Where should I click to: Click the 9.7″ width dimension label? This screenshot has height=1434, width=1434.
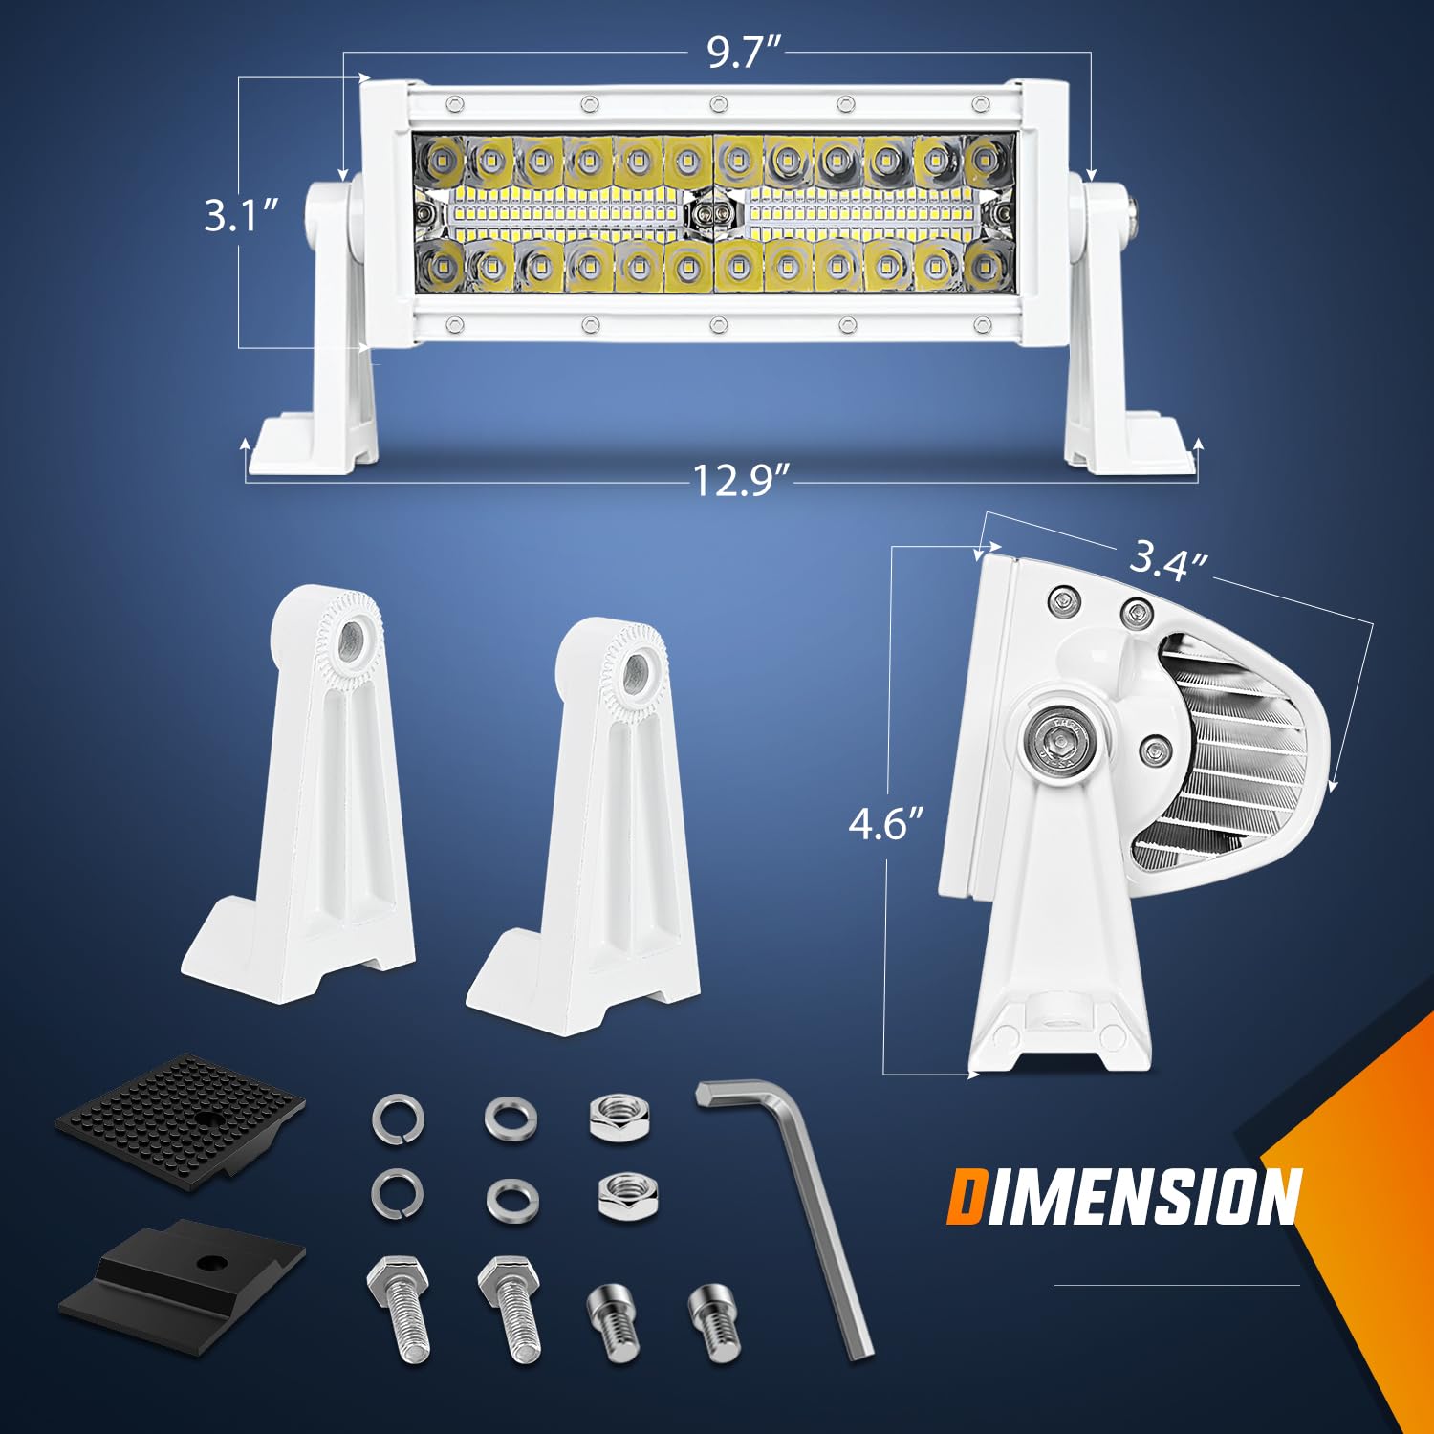click(745, 53)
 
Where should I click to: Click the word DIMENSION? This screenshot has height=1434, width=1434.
click(1123, 1197)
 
